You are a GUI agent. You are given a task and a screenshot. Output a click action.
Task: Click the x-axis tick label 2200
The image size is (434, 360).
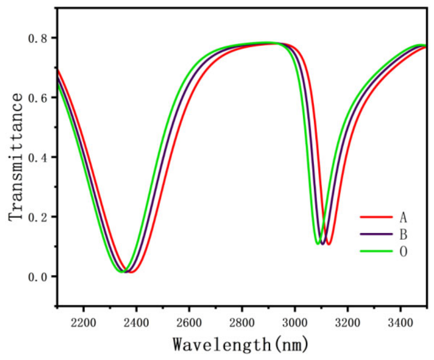tap(83, 323)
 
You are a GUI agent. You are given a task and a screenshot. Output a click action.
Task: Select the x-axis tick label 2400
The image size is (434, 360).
tap(136, 323)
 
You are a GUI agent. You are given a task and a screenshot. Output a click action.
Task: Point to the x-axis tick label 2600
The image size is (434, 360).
tap(189, 323)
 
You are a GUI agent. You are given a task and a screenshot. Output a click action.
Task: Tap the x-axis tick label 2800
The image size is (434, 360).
tap(242, 323)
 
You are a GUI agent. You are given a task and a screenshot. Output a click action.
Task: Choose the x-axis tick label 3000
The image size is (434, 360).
tap(295, 323)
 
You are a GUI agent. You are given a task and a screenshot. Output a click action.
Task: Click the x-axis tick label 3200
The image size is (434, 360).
tap(347, 323)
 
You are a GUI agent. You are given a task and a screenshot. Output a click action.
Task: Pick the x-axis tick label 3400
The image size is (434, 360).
tap(400, 323)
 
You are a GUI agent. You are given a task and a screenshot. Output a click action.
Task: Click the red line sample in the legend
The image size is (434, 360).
tap(376, 217)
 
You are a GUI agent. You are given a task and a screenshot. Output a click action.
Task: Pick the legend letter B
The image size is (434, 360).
tap(403, 235)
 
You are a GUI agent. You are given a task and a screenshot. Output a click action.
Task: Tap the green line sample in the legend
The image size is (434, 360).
tap(376, 251)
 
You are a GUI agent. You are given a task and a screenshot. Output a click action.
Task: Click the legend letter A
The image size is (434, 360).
tap(403, 217)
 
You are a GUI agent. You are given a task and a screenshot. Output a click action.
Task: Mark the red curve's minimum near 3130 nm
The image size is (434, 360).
tap(329, 244)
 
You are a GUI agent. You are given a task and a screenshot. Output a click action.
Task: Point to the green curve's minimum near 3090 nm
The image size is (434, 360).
tap(318, 244)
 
